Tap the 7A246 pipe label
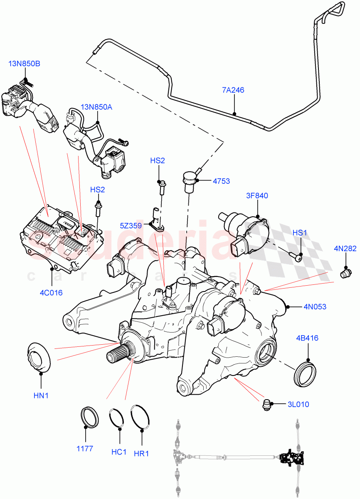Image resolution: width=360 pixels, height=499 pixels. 233,90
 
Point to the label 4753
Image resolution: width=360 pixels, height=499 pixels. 221,181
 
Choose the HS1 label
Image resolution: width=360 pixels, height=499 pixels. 300,233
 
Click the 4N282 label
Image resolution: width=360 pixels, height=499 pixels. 345,249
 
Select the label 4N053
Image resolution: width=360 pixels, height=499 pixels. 315,307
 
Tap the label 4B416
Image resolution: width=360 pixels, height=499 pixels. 307,338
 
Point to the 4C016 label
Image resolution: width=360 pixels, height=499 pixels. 51,292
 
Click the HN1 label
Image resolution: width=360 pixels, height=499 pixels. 41,395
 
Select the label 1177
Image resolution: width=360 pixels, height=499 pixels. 85,449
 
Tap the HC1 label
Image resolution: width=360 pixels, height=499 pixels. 118,452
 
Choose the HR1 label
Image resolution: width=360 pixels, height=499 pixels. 141,453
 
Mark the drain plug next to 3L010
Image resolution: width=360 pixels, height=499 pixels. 268,404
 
